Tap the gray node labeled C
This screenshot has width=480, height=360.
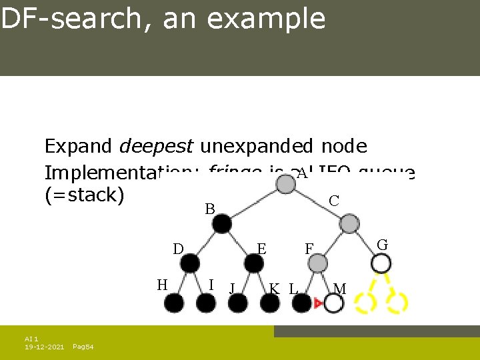pos(349,224)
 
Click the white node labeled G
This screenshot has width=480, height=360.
pos(381,263)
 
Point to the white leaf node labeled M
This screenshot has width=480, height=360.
pos(333,304)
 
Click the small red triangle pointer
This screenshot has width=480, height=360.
pos(319,304)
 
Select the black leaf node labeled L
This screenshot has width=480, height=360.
pos(302,304)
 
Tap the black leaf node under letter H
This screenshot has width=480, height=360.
pos(174,304)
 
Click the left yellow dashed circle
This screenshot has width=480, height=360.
pos(365,303)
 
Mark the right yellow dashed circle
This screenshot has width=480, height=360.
pos(397,303)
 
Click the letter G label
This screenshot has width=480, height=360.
pos(382,245)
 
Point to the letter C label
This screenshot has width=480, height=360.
pos(334,200)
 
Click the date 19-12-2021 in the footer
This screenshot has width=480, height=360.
pos(44,347)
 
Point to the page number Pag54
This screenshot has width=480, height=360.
pos(83,347)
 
